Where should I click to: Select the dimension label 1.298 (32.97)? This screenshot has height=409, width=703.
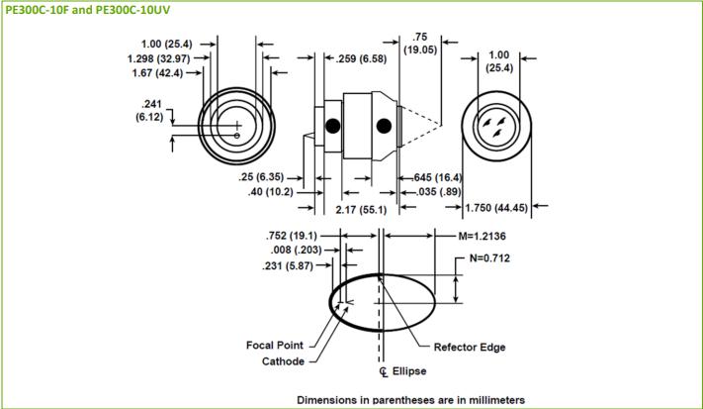coord(158,58)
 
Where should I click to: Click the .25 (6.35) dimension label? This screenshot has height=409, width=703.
coord(267,177)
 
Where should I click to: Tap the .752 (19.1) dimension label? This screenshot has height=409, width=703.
coord(292,236)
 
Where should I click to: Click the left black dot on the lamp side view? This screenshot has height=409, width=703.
coord(333,125)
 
